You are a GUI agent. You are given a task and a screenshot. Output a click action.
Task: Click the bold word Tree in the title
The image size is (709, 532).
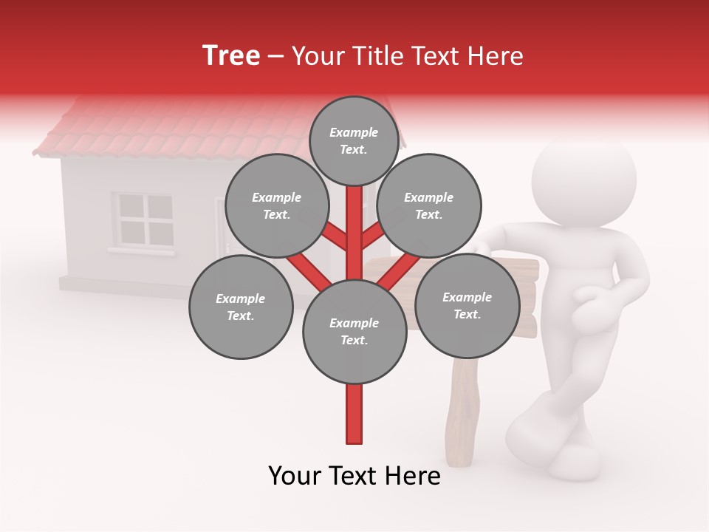click(231, 55)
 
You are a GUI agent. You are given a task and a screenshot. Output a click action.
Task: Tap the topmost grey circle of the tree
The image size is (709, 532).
click(354, 140)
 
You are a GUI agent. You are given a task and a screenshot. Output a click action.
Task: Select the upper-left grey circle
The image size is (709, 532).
click(276, 205)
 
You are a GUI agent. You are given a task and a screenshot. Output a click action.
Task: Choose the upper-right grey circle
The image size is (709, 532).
click(428, 205)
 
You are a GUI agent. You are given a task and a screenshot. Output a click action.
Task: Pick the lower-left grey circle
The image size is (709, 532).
click(241, 307)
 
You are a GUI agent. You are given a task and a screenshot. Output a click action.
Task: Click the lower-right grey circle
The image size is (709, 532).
click(467, 305)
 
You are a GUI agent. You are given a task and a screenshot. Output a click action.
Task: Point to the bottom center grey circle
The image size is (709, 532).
click(354, 331)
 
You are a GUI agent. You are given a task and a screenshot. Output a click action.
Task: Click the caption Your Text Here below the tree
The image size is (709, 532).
click(354, 476)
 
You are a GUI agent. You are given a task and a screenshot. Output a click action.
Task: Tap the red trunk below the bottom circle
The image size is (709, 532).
click(354, 414)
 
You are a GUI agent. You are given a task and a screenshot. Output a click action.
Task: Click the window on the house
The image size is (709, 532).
click(145, 219)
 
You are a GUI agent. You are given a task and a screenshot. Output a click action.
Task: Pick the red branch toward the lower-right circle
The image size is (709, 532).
click(399, 270)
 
